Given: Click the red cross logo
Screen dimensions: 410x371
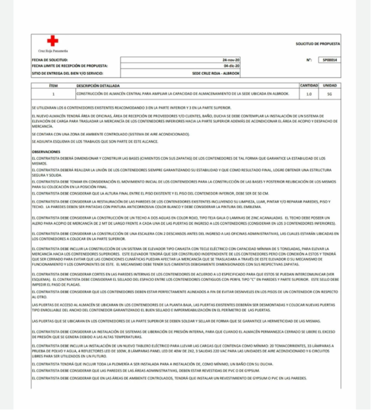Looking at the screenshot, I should point(52,41).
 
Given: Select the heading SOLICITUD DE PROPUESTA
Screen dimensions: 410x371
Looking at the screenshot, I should point(317,44).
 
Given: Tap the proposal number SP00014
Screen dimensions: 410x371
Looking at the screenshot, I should point(330,60).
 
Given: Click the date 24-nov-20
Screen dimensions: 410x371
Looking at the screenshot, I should point(231,60).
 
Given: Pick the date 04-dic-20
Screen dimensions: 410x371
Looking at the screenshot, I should point(231,66).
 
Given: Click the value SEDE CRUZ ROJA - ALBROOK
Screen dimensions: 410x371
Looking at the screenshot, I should point(215,73).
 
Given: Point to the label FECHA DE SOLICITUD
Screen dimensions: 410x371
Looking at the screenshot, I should point(50,60).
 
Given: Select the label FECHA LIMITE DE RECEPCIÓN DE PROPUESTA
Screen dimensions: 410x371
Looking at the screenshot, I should point(69,66).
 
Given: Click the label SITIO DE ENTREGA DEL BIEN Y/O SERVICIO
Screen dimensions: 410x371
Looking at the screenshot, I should point(68,73).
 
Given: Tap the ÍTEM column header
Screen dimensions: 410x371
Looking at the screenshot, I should point(53,86).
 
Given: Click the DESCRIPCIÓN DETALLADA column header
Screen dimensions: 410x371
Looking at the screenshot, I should point(98,86).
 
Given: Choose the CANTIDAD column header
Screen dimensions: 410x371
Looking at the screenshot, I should point(309,86).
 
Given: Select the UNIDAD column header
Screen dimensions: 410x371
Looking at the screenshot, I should point(330,86).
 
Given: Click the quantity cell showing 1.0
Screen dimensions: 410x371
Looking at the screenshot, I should point(309,94).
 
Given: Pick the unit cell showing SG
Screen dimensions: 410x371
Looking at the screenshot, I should point(330,94).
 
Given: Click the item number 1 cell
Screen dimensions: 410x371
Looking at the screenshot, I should point(53,94).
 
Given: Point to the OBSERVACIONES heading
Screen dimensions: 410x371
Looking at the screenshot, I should point(46,152).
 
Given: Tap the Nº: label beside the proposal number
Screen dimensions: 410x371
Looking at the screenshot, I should point(309,60).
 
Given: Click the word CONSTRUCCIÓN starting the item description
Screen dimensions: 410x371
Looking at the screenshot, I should point(89,94).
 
